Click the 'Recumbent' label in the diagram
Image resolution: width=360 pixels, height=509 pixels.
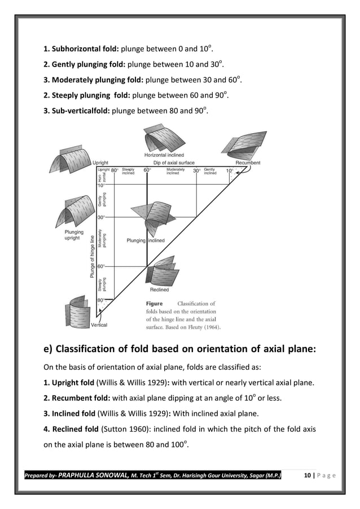coord(248,163)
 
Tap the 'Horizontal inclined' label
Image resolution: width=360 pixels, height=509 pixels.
coord(164,155)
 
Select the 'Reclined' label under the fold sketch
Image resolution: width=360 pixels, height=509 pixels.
coord(159,289)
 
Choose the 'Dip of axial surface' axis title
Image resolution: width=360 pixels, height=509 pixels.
coord(174,163)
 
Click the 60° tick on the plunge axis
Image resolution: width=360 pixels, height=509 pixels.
coord(100,266)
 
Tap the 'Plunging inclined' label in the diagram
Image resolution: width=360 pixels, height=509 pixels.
coord(146,240)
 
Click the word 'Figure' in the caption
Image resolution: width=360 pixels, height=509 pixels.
coord(155,304)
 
